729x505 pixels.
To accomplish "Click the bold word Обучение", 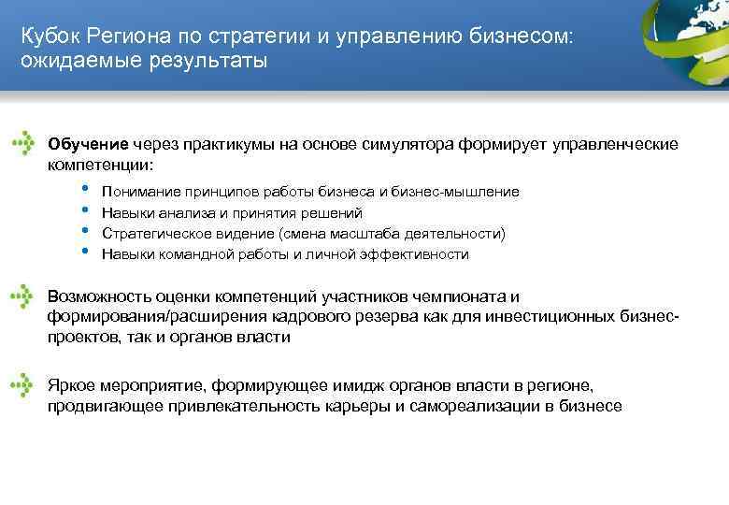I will [88, 145].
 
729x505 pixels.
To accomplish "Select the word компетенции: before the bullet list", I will [99, 164].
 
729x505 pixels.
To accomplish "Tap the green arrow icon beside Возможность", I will [23, 297].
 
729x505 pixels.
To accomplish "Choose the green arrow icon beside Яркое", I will [23, 385].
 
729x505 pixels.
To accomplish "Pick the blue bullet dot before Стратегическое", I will [85, 230].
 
